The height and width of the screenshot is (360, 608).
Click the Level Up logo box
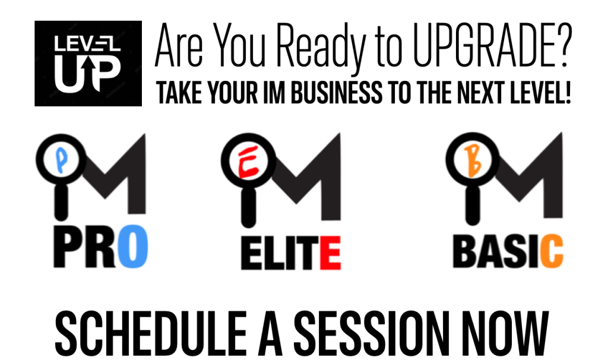click(x=88, y=63)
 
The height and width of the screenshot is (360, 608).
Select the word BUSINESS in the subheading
click(x=337, y=92)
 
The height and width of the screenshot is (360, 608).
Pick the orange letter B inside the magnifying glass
click(x=473, y=160)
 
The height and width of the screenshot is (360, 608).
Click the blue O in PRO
click(x=132, y=246)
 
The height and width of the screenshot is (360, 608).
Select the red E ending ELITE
click(x=330, y=252)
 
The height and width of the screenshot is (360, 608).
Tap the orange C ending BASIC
click(x=552, y=251)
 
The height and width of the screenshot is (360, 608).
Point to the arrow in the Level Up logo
click(x=89, y=72)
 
